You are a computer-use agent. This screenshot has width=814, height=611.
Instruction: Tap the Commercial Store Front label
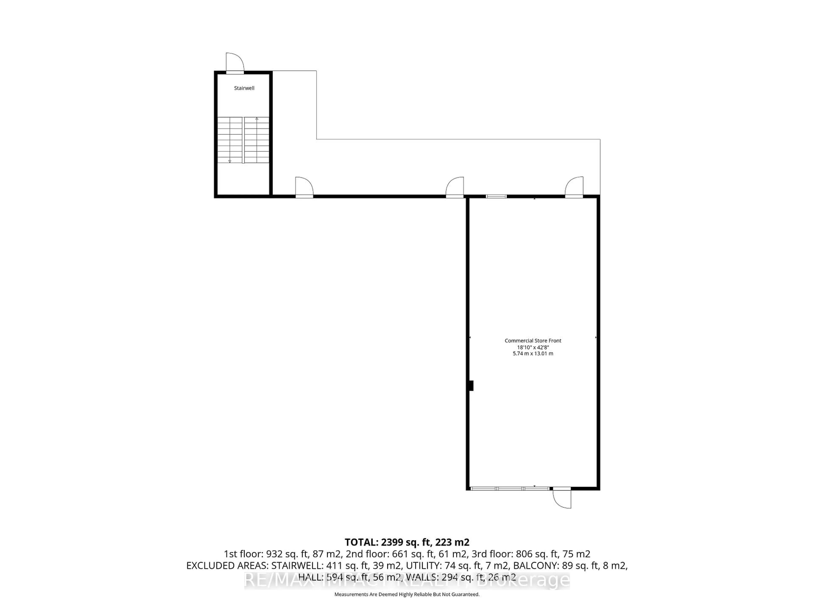coord(533,341)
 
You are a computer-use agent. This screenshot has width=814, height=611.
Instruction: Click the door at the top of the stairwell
coord(235,64)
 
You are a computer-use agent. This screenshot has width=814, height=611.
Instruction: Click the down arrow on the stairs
coord(230,161)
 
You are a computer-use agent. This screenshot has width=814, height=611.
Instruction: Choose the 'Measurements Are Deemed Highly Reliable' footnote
coord(407,594)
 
